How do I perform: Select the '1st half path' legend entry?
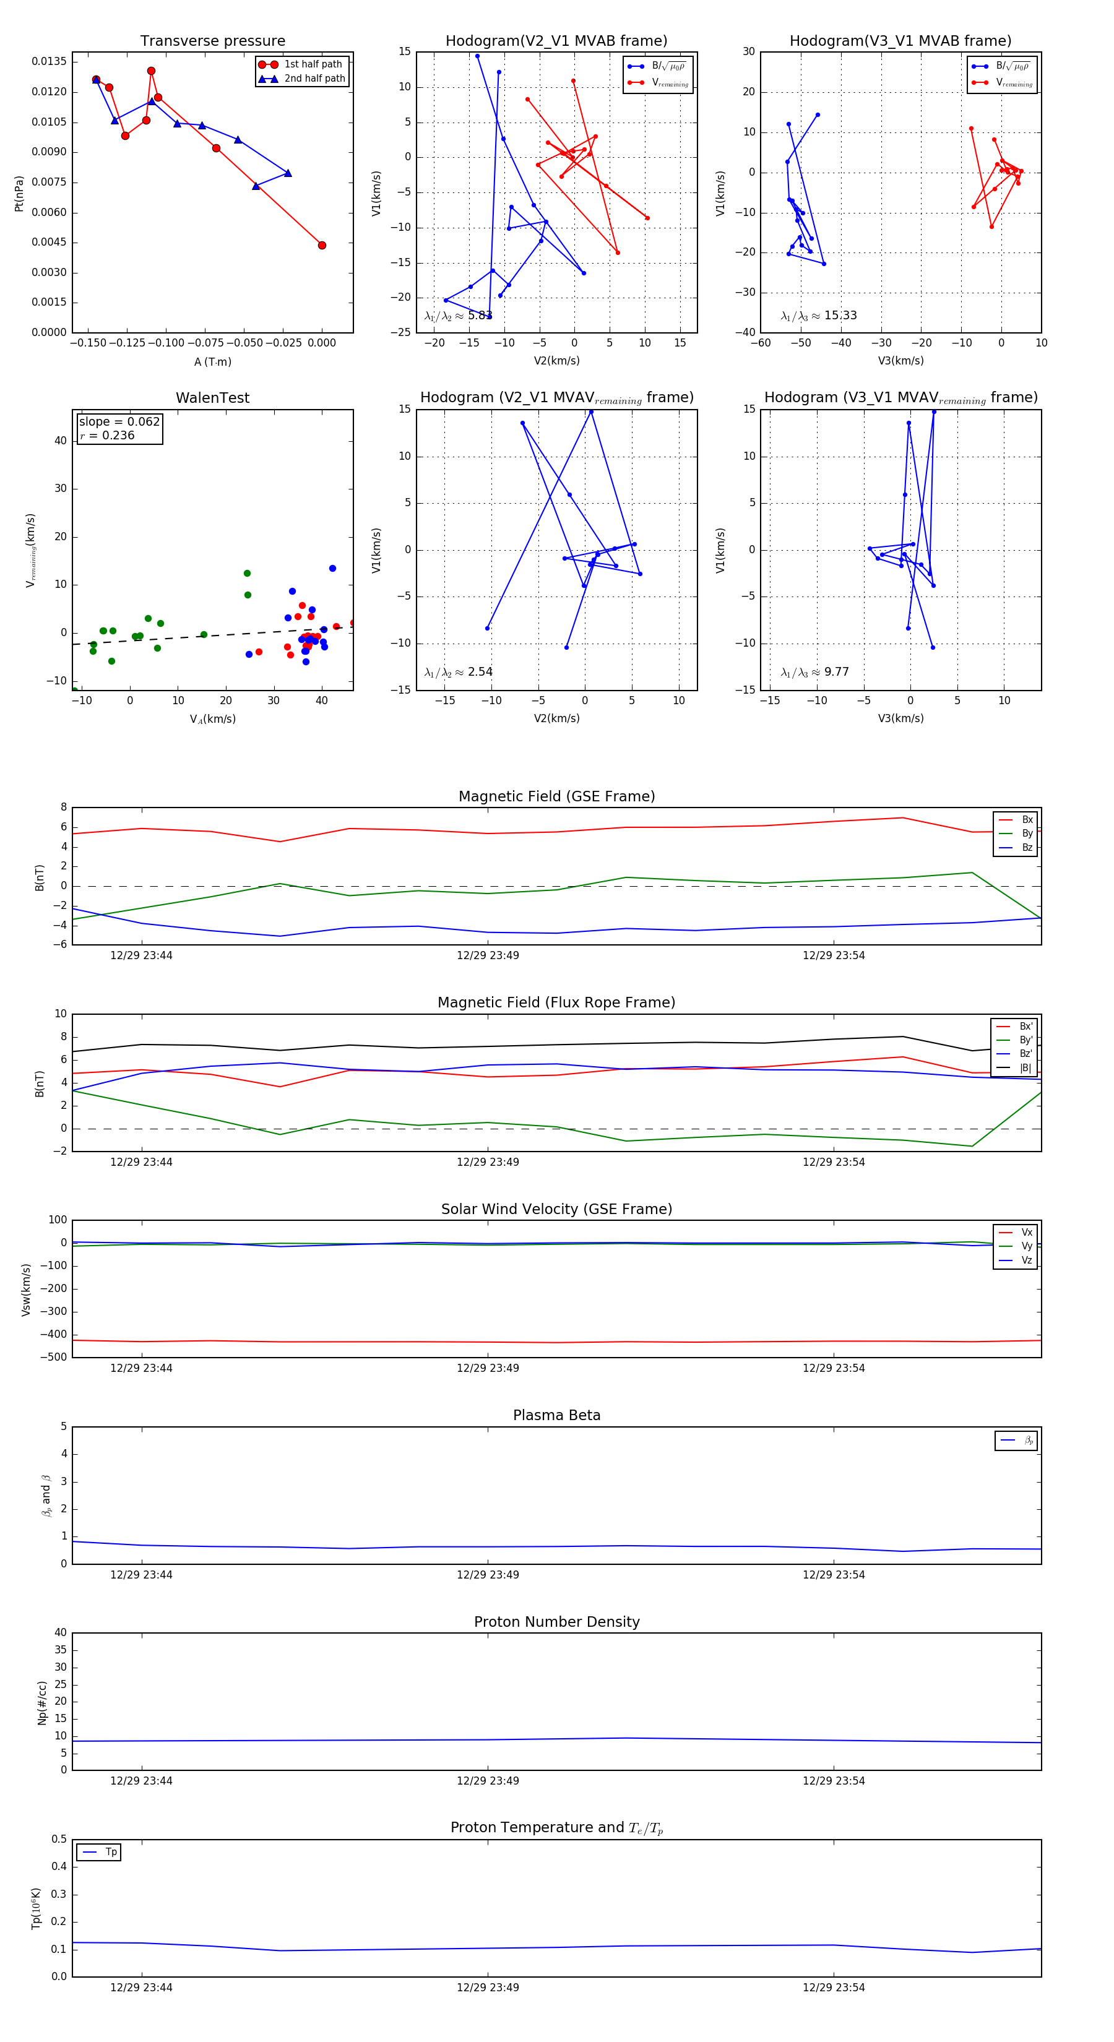[313, 64]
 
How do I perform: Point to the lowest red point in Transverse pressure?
[321, 245]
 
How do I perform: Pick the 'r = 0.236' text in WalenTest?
[107, 435]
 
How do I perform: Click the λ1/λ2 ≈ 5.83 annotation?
[458, 316]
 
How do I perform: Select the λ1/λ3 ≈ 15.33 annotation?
[818, 316]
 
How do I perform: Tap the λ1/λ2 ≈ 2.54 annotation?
[458, 672]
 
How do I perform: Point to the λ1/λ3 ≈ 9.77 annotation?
[814, 672]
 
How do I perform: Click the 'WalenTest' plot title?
[212, 398]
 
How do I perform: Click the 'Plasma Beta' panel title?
[556, 1415]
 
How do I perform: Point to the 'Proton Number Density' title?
[556, 1622]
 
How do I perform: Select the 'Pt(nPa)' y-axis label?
[19, 194]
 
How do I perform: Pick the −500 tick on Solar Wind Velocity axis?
[53, 1357]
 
